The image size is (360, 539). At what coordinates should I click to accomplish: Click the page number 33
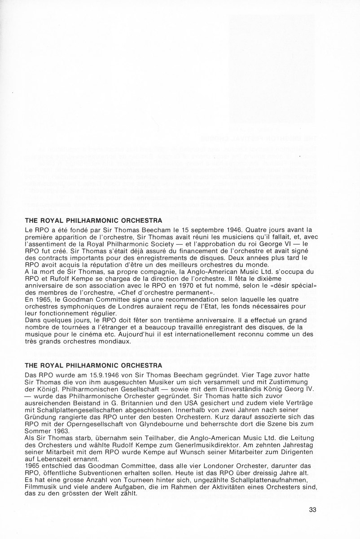313,509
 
